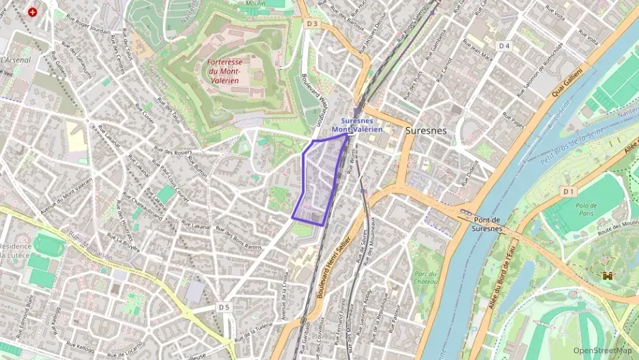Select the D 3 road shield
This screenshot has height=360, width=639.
click(313, 23)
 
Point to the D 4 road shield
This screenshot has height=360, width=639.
click(505, 46)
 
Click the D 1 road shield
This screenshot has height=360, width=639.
click(569, 192)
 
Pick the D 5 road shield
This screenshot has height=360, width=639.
click(225, 307)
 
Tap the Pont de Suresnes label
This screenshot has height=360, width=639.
click(487, 225)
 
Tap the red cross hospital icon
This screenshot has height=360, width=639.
click(32, 12)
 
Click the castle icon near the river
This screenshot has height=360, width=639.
click(606, 276)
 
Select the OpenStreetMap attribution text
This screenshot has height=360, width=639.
click(602, 351)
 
